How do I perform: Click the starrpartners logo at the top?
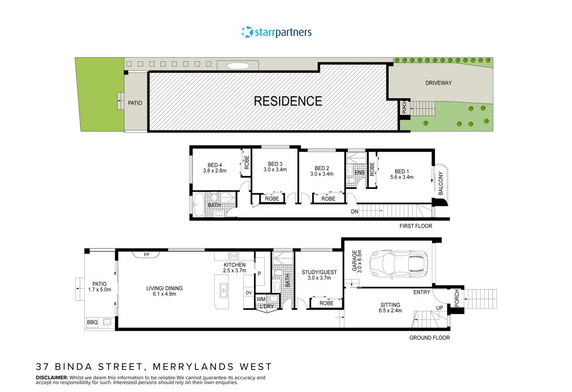point(276,32)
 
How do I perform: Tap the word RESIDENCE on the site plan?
point(287,101)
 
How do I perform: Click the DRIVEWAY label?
point(438,83)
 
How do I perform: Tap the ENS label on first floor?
point(359,172)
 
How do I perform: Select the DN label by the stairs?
point(354,211)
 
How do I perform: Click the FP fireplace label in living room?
point(146,255)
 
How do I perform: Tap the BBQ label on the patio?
point(92,323)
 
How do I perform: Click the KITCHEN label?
point(235,265)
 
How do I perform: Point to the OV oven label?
point(248,292)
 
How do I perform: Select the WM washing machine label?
point(260,299)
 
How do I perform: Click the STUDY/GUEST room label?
point(319,272)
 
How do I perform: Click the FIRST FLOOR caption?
point(416,226)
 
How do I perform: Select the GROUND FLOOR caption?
point(429,338)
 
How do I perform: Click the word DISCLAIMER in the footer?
point(52,377)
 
